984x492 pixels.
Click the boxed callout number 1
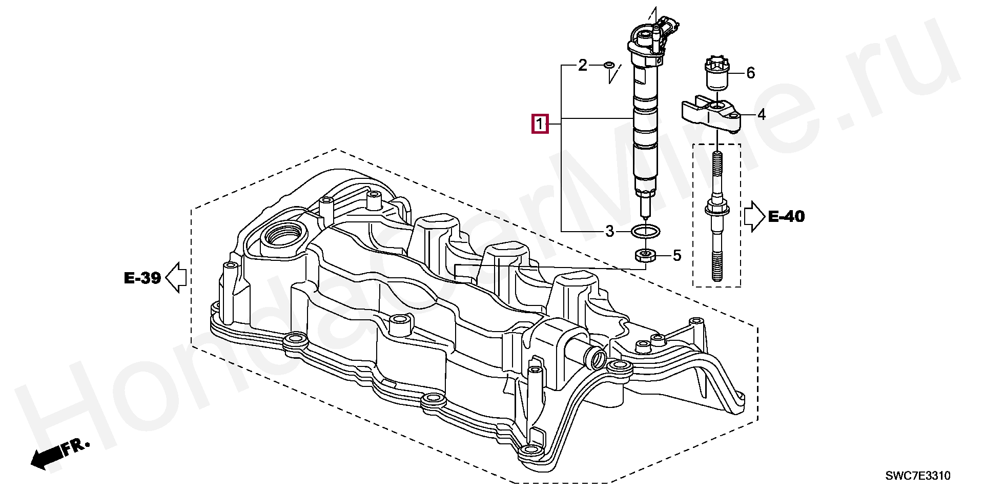tap(540, 124)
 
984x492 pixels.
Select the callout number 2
tap(583, 66)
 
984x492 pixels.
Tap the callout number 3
tap(609, 232)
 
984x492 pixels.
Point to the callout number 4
tap(762, 115)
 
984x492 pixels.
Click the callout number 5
tap(677, 255)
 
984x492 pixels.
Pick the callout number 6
tap(750, 73)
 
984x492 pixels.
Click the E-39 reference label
tap(142, 278)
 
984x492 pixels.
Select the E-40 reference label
tap(786, 217)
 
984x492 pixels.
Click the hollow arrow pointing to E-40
tap(754, 216)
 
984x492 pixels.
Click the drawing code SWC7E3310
tap(918, 476)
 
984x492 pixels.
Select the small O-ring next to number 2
tap(609, 65)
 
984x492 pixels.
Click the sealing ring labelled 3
tap(645, 231)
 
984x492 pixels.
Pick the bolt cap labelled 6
tap(716, 74)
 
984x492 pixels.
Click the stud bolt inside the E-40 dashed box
tap(717, 215)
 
